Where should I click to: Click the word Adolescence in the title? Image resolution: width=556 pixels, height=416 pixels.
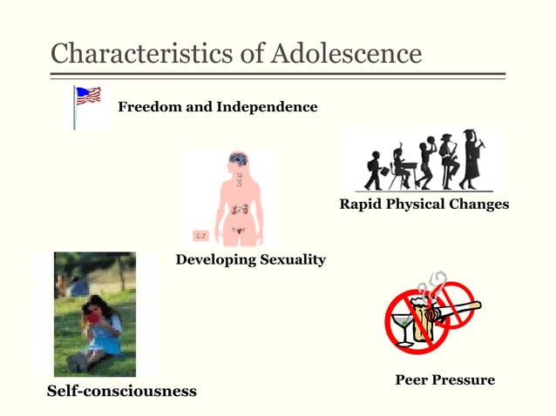(x=347, y=53)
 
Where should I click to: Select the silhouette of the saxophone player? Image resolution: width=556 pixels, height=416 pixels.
(x=449, y=161)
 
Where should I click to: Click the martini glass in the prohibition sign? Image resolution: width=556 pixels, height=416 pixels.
(x=404, y=328)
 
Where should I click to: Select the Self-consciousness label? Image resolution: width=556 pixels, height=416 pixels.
(x=121, y=391)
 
